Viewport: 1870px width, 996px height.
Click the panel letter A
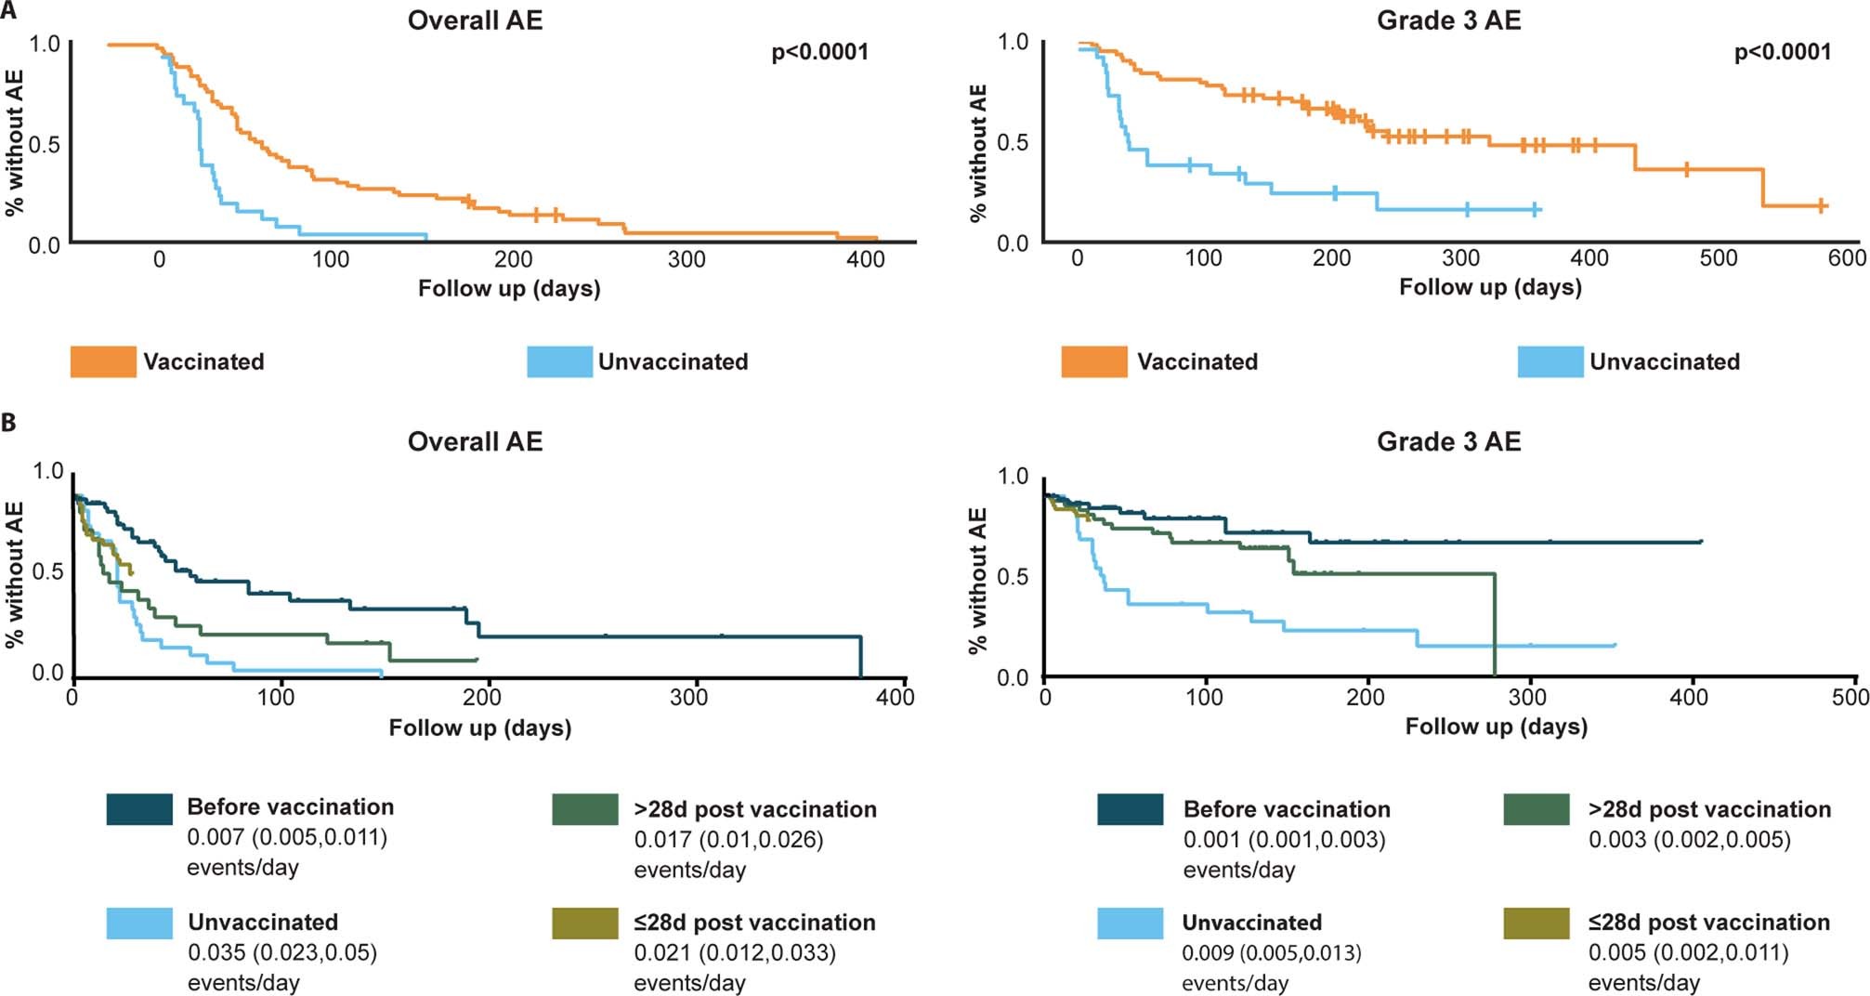coord(8,11)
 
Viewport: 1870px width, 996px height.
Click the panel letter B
coord(8,423)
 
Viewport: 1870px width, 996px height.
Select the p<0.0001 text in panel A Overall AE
coord(819,52)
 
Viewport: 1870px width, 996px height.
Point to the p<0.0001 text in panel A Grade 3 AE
coord(1782,52)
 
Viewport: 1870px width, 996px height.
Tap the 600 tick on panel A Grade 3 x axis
coord(1846,258)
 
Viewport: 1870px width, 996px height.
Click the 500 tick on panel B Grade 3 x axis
coord(1850,697)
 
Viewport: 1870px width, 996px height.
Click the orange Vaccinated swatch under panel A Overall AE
coord(103,361)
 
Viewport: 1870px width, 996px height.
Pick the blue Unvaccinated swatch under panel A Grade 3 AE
coord(1550,361)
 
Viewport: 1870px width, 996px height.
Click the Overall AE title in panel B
coord(475,441)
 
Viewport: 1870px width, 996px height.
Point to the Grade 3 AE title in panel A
coord(1448,20)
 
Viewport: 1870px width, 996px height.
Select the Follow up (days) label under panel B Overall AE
coord(479,727)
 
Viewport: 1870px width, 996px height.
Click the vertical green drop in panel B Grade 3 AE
coord(1494,622)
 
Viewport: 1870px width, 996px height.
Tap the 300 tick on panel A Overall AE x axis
coord(687,260)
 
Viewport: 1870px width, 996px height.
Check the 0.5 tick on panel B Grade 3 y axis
coord(1013,577)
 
